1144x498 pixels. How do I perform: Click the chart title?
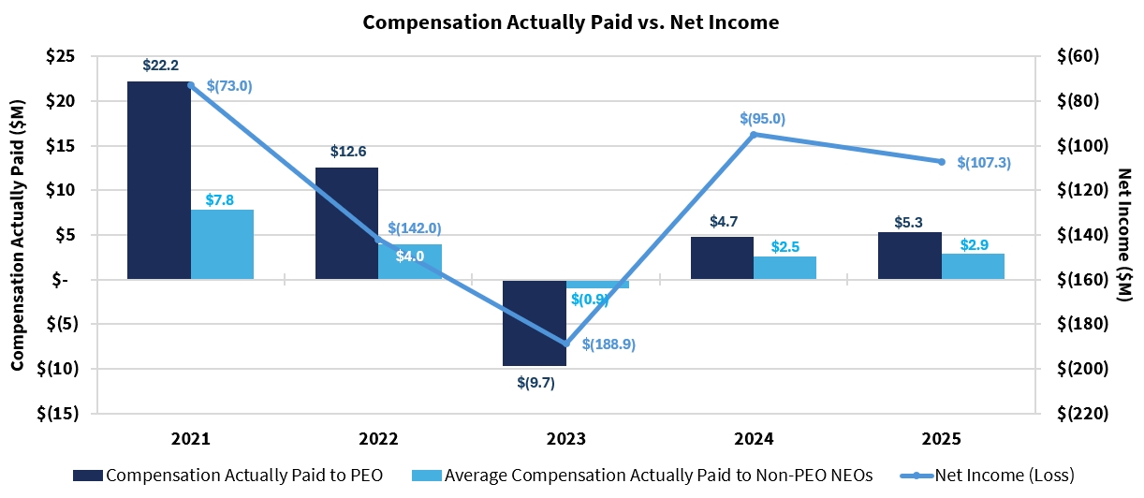(x=571, y=22)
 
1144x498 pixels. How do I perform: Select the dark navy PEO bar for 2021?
(x=158, y=180)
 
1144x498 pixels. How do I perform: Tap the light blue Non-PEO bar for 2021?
(x=222, y=244)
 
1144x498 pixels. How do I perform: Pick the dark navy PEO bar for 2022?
(x=346, y=223)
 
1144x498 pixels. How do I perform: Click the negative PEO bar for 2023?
(x=534, y=322)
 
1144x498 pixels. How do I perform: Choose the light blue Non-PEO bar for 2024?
(x=785, y=268)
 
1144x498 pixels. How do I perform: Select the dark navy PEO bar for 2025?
(x=909, y=256)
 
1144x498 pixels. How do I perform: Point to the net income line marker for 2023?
(x=565, y=344)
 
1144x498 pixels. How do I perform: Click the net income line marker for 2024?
(x=754, y=135)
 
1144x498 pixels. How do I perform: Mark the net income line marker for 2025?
(x=941, y=162)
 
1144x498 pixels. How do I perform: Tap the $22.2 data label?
(x=160, y=66)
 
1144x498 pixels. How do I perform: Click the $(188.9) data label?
(x=609, y=344)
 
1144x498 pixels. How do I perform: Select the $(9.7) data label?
(x=535, y=382)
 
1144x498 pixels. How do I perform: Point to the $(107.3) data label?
(x=984, y=163)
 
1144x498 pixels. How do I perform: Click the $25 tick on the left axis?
(x=62, y=56)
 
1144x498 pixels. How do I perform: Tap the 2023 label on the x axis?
(x=565, y=439)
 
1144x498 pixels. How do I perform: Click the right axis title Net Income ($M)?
(x=1124, y=234)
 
